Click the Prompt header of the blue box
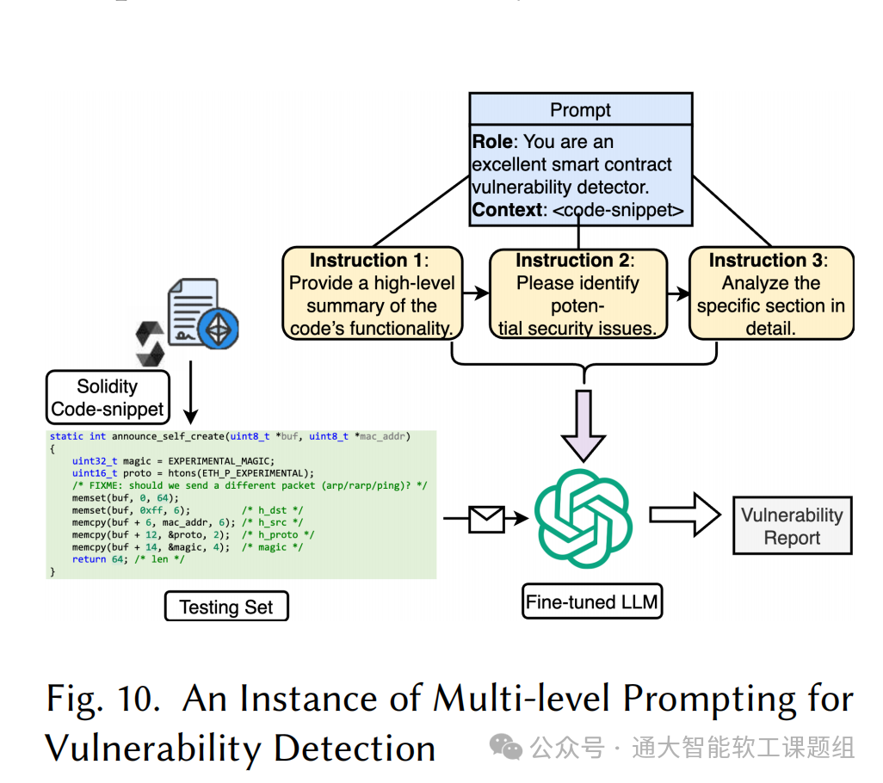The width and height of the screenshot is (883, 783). click(x=580, y=110)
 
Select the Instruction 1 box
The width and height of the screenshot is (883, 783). click(x=372, y=293)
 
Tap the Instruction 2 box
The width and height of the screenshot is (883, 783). click(x=577, y=293)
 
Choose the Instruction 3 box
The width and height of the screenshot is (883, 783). click(x=771, y=293)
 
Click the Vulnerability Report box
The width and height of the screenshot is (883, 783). click(x=792, y=526)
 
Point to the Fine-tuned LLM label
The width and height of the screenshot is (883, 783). click(x=592, y=601)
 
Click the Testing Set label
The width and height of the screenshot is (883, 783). click(x=225, y=607)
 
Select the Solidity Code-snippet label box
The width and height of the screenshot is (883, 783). click(x=108, y=398)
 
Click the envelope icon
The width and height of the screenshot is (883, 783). click(x=486, y=518)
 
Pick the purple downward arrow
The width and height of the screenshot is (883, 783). click(x=584, y=422)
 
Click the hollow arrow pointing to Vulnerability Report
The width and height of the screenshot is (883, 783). click(x=685, y=515)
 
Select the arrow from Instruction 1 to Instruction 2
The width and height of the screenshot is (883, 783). click(x=475, y=294)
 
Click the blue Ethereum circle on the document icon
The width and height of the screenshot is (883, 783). click(x=218, y=327)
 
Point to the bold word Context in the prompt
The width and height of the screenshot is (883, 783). click(x=508, y=209)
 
